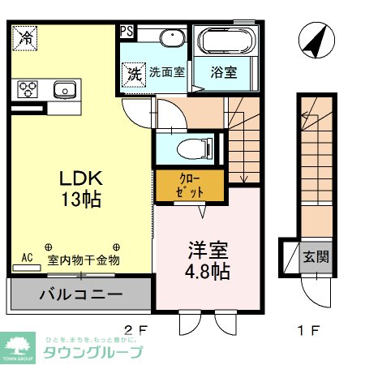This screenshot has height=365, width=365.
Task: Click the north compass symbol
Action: click(316, 40)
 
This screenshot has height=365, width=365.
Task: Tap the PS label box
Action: click(127, 32)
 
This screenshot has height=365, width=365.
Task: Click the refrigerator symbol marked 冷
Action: click(25, 36)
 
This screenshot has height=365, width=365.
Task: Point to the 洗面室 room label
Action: click(166, 72)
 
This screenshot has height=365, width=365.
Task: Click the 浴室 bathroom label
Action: click(225, 72)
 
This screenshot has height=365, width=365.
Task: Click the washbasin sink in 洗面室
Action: click(170, 39)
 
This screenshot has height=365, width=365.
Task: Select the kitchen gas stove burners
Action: click(28, 88)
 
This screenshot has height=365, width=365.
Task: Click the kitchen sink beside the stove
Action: click(62, 88)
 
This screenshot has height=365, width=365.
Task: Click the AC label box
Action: click(27, 258)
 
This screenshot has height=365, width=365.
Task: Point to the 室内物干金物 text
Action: click(84, 260)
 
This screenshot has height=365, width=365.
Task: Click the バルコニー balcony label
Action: click(80, 294)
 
